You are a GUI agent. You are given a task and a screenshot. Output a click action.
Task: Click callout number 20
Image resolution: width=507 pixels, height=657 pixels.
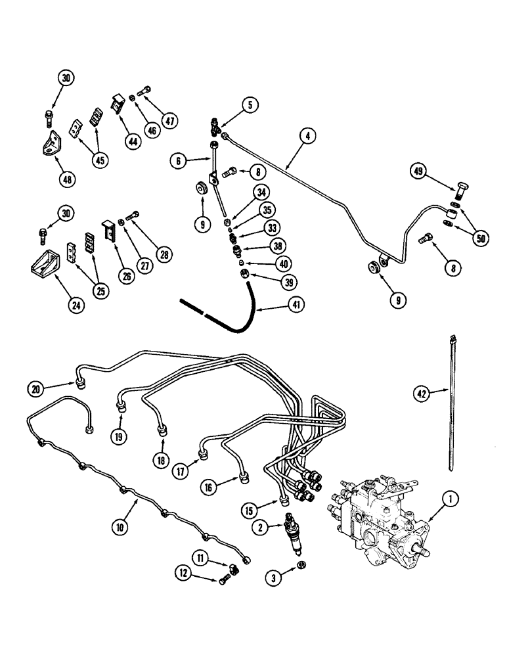(x=37, y=388)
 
